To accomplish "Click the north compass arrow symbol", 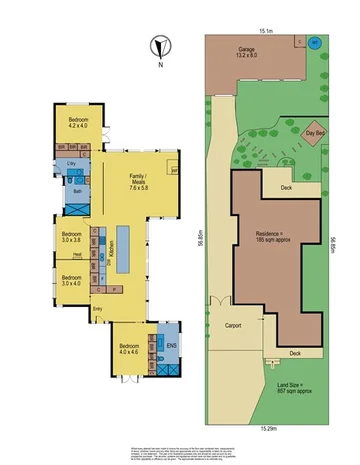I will (x=155, y=45).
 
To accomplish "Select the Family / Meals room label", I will (x=138, y=182).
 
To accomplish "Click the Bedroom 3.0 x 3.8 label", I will (x=70, y=238).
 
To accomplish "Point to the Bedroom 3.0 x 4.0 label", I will (x=70, y=280).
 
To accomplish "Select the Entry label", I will (x=97, y=309).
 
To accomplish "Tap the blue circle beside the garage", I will (x=315, y=44).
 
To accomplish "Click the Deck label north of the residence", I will (x=285, y=187).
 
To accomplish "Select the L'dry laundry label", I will (x=72, y=163).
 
